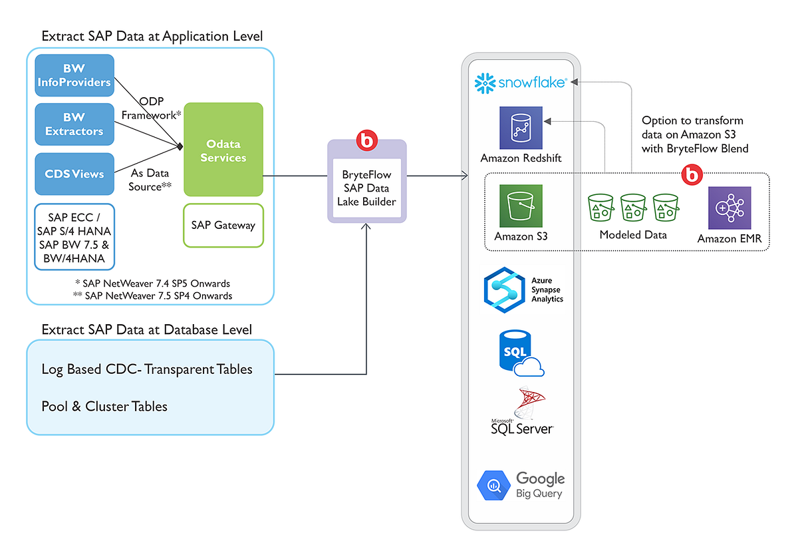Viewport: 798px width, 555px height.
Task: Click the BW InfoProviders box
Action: (74, 76)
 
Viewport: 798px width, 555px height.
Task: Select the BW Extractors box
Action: (74, 124)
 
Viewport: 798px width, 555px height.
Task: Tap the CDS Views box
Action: (74, 174)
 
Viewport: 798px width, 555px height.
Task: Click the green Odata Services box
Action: (223, 150)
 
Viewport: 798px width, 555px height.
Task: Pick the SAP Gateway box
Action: (223, 225)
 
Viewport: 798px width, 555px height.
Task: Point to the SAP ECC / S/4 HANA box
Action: (74, 236)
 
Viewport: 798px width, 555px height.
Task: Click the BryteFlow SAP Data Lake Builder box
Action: (366, 188)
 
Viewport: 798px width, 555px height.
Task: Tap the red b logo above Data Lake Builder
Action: (366, 140)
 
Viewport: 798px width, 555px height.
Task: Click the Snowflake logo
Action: (521, 83)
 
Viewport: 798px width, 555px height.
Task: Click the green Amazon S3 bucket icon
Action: (521, 206)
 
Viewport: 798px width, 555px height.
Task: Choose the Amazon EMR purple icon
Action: (730, 208)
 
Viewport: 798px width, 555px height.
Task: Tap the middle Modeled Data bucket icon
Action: (633, 208)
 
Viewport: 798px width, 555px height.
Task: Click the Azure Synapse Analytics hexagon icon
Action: (505, 289)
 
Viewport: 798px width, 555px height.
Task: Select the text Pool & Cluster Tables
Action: (104, 406)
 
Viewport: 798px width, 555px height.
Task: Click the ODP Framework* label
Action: (152, 108)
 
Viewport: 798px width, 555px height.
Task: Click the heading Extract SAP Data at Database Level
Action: (146, 329)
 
